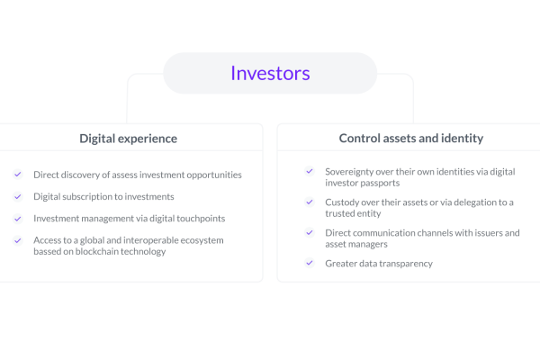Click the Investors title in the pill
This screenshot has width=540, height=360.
coord(270,73)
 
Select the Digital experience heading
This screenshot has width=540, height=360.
coord(128,139)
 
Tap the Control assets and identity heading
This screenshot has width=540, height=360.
coord(411,138)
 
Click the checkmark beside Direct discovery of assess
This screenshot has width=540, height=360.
coord(18,175)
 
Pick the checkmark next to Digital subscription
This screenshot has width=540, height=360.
coord(18,196)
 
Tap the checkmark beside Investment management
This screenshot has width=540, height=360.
coord(18,219)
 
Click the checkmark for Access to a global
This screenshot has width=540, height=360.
coord(18,240)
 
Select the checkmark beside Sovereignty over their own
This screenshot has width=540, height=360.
coord(310,171)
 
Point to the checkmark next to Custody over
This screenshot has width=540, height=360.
coord(310,202)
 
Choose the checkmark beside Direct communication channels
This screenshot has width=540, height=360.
coord(310,232)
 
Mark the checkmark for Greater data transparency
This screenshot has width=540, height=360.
coord(310,263)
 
